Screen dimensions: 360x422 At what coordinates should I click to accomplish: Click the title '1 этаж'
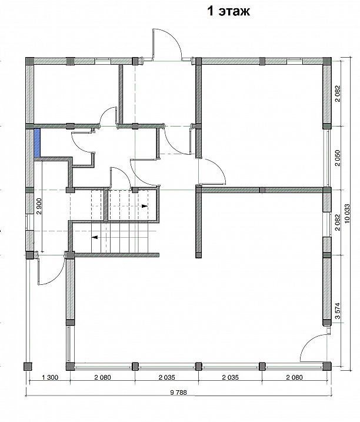[x=228, y=11]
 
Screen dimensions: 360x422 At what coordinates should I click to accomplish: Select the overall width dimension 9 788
[x=178, y=393]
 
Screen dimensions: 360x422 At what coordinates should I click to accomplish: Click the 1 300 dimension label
[x=50, y=377]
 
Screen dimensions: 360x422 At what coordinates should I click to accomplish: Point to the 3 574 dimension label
[x=338, y=311]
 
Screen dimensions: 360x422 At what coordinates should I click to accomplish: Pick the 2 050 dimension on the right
[x=338, y=158]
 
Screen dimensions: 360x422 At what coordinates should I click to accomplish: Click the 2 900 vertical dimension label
[x=39, y=207]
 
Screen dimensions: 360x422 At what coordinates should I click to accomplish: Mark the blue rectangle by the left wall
[x=37, y=142]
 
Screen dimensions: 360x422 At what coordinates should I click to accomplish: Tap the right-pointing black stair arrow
[x=145, y=206]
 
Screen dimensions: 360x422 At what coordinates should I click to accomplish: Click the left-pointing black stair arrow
[x=94, y=237]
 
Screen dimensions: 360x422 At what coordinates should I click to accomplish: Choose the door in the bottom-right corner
[x=314, y=347]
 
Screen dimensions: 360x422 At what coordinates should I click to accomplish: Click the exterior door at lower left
[x=51, y=269]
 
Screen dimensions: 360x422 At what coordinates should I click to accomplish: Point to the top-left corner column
[x=29, y=61]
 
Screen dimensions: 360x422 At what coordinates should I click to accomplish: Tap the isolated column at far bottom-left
[x=28, y=366]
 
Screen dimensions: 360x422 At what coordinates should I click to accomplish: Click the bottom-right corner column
[x=327, y=366]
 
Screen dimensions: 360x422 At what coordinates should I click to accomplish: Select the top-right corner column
[x=327, y=61]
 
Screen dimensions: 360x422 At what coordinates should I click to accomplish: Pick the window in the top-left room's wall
[x=102, y=61]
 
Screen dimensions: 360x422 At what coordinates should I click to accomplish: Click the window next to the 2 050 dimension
[x=328, y=158]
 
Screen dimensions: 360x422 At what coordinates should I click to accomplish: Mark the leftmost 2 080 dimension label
[x=102, y=377]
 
